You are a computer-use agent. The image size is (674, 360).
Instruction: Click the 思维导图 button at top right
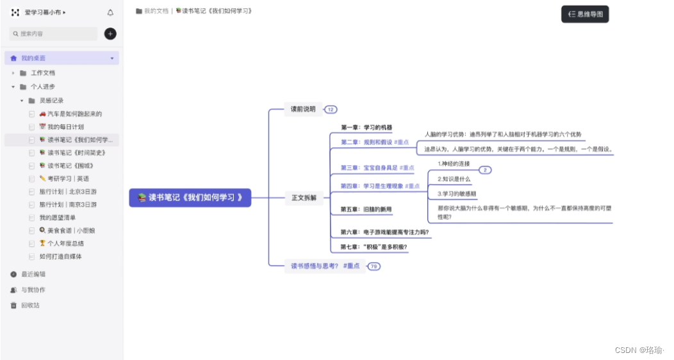(585, 14)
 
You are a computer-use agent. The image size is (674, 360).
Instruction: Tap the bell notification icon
(110, 12)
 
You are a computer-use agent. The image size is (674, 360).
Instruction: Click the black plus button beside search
(110, 33)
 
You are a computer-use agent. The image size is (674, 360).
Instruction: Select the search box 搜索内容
(54, 33)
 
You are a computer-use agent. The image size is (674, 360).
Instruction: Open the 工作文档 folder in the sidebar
(42, 73)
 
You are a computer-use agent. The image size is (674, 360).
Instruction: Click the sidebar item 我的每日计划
(65, 127)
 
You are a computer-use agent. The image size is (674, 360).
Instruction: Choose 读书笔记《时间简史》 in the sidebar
(76, 153)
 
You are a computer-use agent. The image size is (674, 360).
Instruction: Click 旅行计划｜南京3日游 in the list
(72, 204)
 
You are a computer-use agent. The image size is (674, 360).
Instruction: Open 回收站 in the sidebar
(29, 306)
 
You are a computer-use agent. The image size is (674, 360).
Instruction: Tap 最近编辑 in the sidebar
(33, 274)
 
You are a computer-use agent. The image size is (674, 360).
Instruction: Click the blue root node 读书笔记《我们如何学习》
(190, 197)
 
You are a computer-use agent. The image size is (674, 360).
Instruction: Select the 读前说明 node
(303, 110)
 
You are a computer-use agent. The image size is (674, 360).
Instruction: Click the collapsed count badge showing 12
(331, 110)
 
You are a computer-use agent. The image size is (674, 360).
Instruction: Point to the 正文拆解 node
(304, 197)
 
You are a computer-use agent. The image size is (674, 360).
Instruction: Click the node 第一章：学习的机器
(366, 127)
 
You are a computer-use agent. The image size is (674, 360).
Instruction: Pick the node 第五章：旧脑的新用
(366, 209)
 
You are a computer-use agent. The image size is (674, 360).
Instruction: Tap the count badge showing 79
(374, 266)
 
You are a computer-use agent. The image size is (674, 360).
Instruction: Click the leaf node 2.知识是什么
(454, 179)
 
